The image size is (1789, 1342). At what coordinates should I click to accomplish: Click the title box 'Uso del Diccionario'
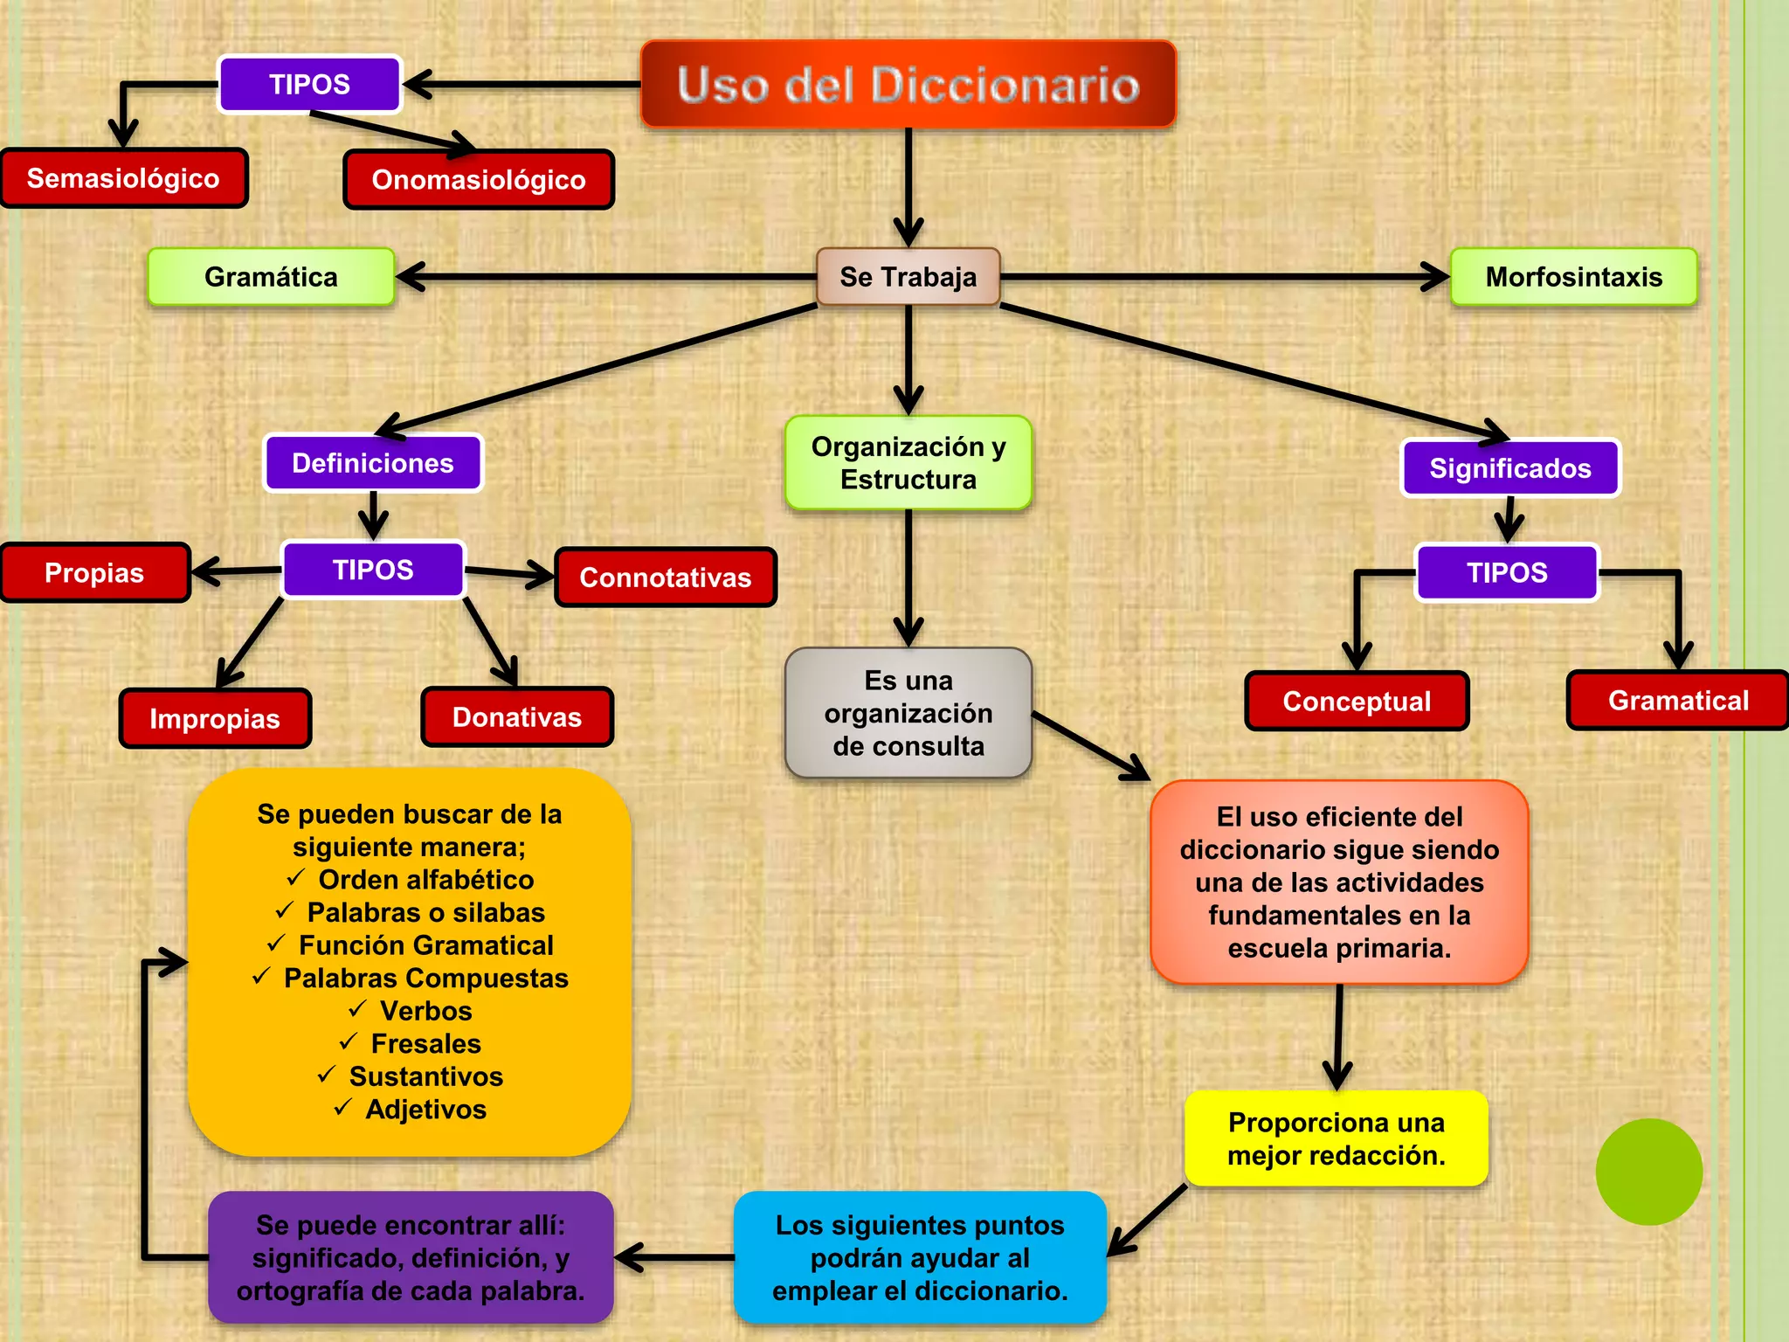(x=908, y=85)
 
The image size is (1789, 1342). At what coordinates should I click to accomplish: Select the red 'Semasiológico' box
(x=123, y=178)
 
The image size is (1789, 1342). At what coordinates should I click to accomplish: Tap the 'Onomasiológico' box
(x=479, y=180)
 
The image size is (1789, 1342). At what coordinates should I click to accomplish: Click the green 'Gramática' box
(x=271, y=277)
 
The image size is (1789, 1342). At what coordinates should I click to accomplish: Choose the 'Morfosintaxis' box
(x=1573, y=277)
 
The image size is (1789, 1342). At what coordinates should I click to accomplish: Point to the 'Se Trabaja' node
(x=908, y=277)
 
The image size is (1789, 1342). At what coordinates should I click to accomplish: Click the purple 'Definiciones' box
(x=373, y=463)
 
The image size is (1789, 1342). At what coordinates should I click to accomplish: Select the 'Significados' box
(x=1510, y=468)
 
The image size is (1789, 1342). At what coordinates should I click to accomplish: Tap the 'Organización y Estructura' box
(x=908, y=463)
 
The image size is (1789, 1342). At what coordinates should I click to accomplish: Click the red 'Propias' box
(x=94, y=573)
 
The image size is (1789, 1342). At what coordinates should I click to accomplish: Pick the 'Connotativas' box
(x=666, y=578)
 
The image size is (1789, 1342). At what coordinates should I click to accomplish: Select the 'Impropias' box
(x=215, y=718)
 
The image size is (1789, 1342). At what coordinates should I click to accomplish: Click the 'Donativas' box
(x=517, y=717)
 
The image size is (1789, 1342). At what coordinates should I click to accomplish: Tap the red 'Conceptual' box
(x=1357, y=701)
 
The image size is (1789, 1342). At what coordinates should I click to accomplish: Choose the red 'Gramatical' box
(x=1678, y=700)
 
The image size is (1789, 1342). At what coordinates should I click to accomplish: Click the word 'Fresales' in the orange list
(x=426, y=1043)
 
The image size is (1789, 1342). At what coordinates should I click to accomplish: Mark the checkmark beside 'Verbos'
(x=357, y=1009)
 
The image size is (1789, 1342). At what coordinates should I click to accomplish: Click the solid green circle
(x=1648, y=1172)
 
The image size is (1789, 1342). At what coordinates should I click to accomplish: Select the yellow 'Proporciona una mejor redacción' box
(x=1336, y=1138)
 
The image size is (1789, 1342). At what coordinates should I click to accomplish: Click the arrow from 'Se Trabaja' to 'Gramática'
(x=603, y=277)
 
